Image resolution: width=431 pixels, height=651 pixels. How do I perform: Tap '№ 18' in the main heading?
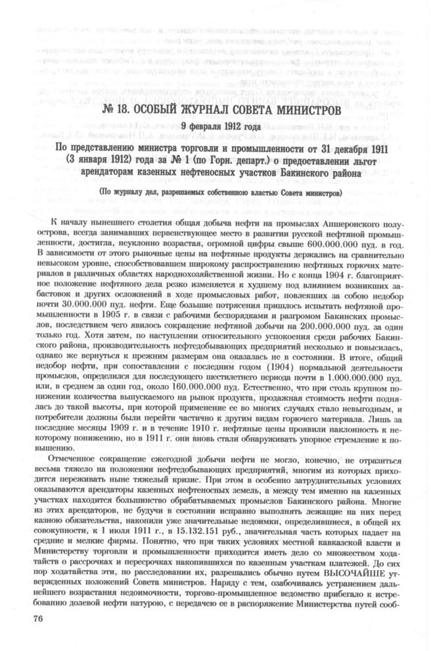click(120, 108)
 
